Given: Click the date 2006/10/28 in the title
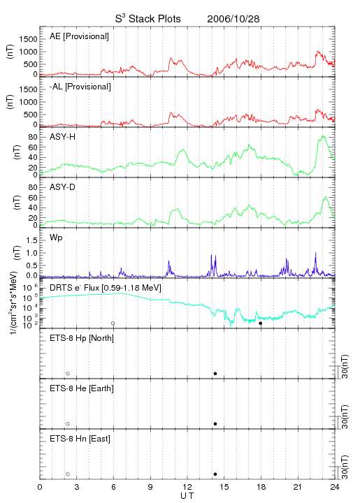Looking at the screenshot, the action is click(x=233, y=19).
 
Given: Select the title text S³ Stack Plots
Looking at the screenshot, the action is click(x=148, y=19).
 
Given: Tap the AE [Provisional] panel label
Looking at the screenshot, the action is click(x=79, y=36).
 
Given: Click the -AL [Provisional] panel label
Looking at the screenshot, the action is click(x=80, y=87).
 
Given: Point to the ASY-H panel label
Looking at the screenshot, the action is click(x=63, y=137).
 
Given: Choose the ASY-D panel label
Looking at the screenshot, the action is click(x=63, y=187).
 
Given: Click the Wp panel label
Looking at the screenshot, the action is click(x=56, y=238).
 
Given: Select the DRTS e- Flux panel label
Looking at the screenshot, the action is click(x=106, y=288).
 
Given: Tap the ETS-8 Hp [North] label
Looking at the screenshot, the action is click(x=82, y=338).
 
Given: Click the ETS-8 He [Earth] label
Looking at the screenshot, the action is click(x=82, y=388).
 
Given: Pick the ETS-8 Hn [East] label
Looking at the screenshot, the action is click(x=80, y=439).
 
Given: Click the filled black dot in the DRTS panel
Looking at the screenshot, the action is click(x=261, y=323).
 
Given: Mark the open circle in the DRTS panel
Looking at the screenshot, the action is click(x=113, y=323).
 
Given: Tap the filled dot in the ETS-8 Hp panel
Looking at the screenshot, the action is click(x=215, y=373).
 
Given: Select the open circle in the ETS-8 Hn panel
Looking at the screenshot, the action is click(x=68, y=474).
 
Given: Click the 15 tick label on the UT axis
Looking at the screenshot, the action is click(x=224, y=487).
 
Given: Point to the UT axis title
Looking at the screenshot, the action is click(x=187, y=496).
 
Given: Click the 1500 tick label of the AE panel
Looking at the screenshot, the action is click(x=28, y=39).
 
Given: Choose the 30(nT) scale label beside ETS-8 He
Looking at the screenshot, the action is click(x=345, y=416).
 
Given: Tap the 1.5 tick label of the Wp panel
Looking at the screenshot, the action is click(x=31, y=240).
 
